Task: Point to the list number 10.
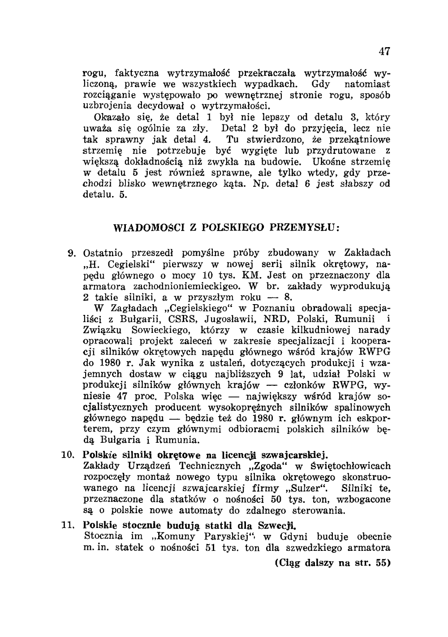[68, 455]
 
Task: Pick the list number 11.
[68, 525]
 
